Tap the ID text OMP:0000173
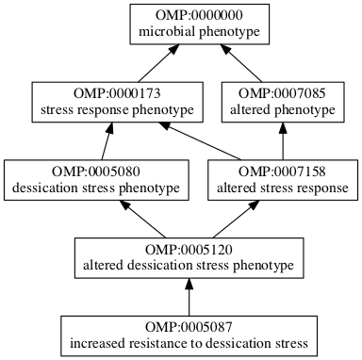coord(118,95)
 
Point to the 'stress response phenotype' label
coord(118,111)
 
